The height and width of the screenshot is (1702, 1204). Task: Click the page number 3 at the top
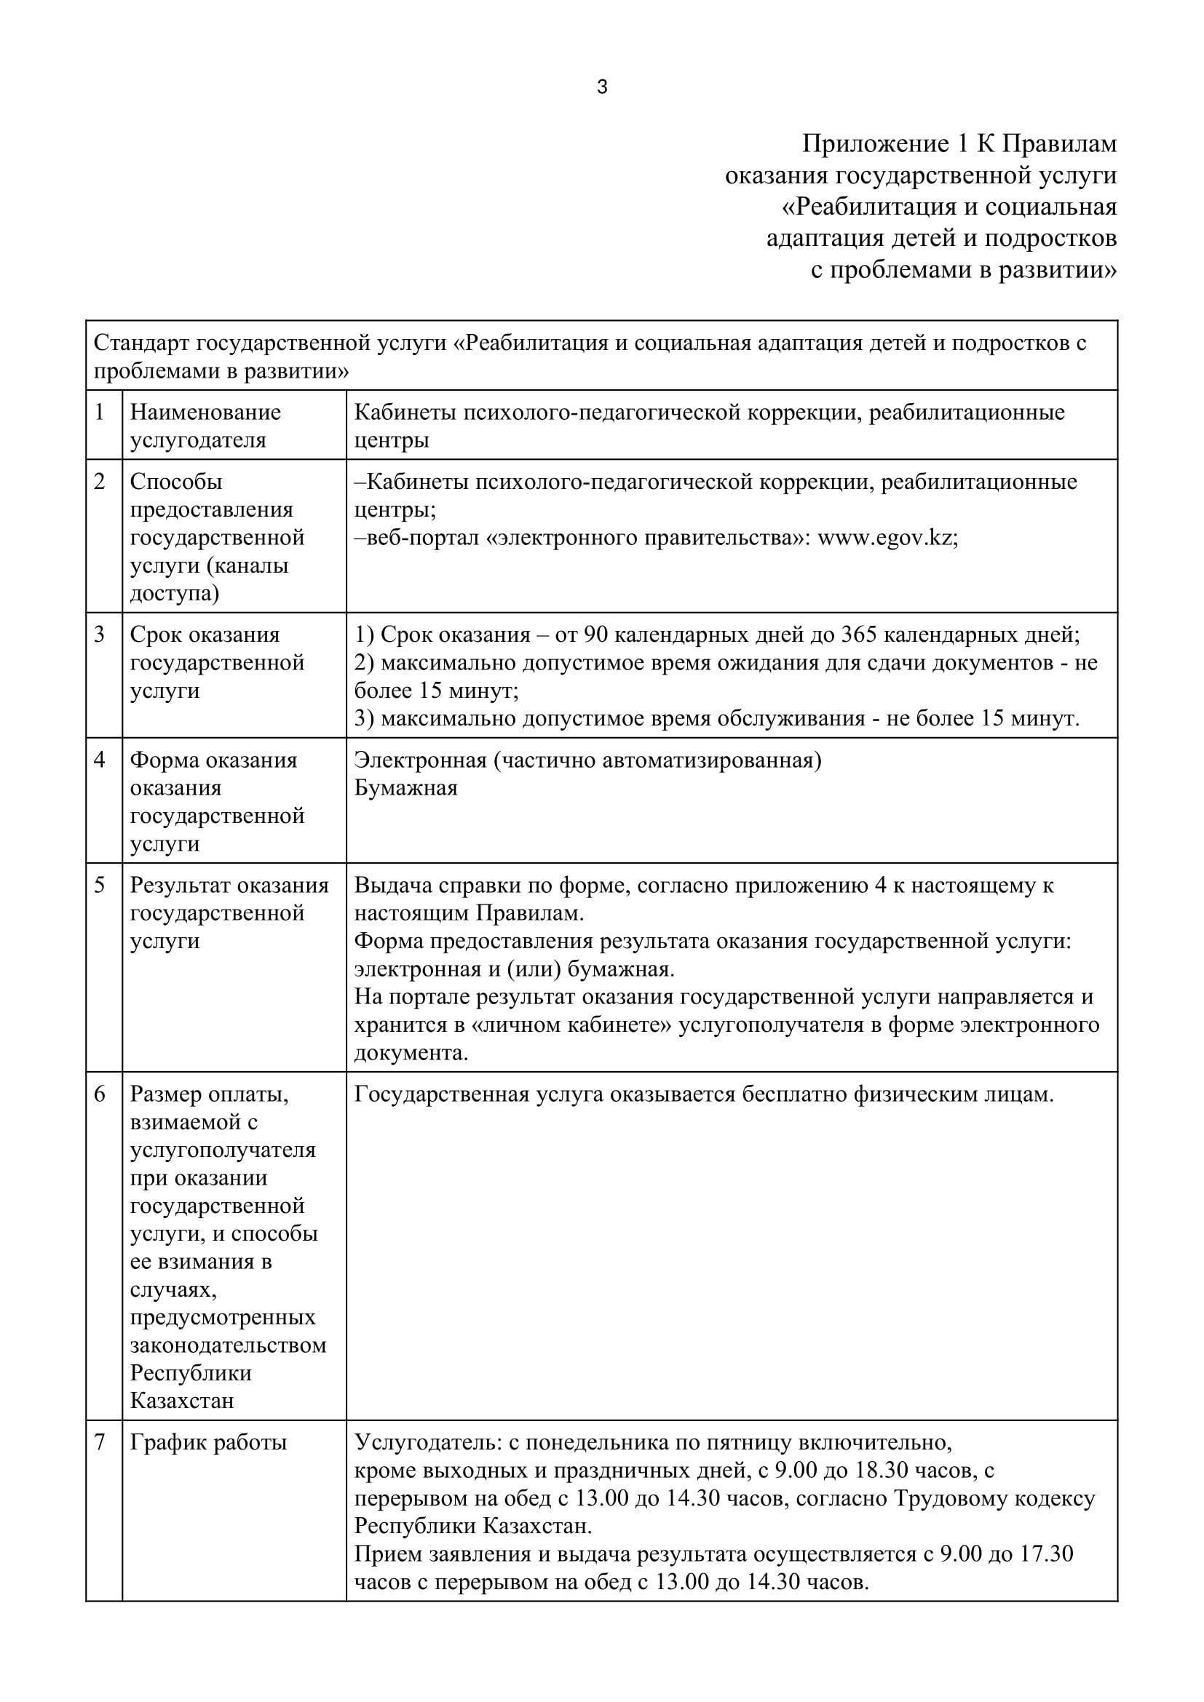[x=602, y=87]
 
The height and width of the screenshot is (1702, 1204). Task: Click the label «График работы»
[x=208, y=1442]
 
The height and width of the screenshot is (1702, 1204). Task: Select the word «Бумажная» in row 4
[x=405, y=787]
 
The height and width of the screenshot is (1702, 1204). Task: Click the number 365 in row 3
[x=860, y=635]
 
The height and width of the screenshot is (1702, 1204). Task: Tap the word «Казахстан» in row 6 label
[x=182, y=1400]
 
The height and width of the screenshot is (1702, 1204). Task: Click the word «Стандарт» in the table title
[x=142, y=343]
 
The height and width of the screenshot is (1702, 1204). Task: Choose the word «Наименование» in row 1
[x=205, y=412]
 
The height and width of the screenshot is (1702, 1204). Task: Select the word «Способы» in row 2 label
[x=175, y=482]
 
